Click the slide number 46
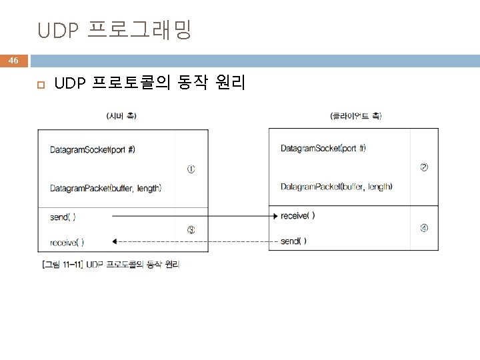tap(13, 61)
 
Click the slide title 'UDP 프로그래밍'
tap(115, 30)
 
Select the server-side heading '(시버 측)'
tap(121, 116)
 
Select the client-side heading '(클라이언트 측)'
tap(355, 116)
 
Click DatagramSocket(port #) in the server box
tap(93, 149)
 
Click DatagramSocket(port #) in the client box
tap(323, 148)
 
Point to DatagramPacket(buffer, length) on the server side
tap(105, 189)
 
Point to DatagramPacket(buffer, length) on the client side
tap(336, 186)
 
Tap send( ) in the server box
tap(63, 217)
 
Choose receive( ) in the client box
tap(297, 215)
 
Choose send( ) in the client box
tap(293, 241)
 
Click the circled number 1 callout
tap(191, 169)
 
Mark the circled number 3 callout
tap(191, 231)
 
